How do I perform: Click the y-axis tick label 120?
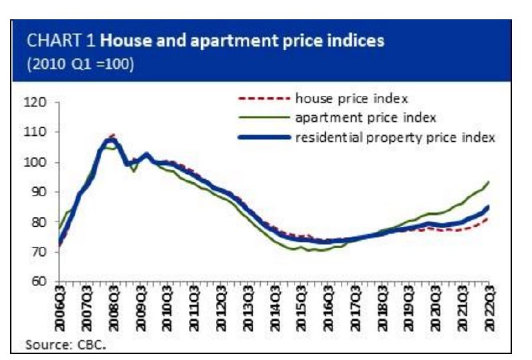[x=38, y=102]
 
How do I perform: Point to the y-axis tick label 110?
[x=38, y=132]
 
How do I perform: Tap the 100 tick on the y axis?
[x=38, y=162]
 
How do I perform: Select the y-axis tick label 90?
[x=39, y=192]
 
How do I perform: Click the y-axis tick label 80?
[x=39, y=222]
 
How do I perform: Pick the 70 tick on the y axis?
[x=39, y=252]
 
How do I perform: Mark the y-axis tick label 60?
[x=39, y=281]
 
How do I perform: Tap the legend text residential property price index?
[x=393, y=137]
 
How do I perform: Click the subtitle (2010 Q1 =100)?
[x=80, y=66]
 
